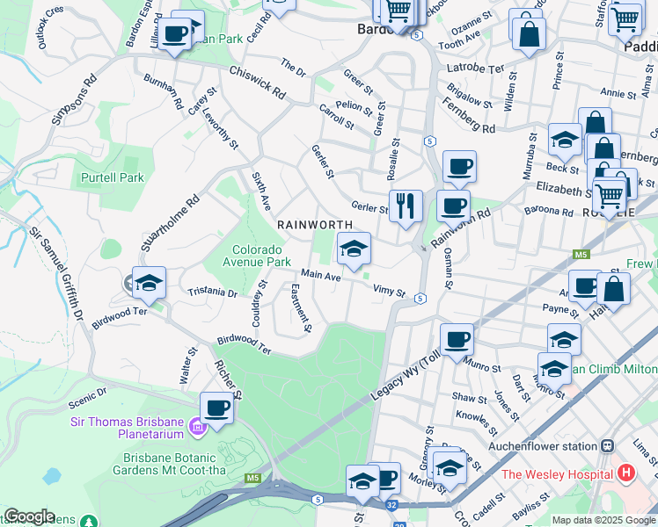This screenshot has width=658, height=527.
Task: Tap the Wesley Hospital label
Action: (556, 474)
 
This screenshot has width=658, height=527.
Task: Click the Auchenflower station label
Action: (545, 446)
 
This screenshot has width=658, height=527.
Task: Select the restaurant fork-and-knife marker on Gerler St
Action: (406, 206)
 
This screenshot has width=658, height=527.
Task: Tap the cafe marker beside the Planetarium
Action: (216, 408)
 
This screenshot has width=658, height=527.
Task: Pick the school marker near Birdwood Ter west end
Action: (150, 283)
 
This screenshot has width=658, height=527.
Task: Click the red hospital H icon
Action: (626, 473)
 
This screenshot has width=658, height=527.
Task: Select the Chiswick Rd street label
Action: (258, 82)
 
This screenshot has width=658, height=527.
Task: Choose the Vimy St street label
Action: (388, 291)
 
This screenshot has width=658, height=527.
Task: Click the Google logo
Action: (29, 516)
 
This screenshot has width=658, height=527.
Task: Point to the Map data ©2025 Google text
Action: (603, 520)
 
